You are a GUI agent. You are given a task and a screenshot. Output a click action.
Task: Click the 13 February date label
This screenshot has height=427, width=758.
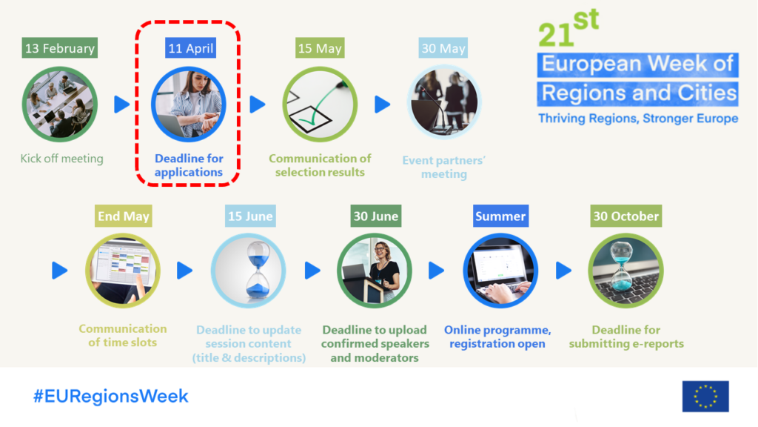tap(60, 48)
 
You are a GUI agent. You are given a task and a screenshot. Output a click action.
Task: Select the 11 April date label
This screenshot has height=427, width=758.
tap(190, 48)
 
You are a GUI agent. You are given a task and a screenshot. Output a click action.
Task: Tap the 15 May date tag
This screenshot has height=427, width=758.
tap(320, 48)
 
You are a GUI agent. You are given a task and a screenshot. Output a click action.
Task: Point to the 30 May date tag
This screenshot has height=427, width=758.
tap(443, 48)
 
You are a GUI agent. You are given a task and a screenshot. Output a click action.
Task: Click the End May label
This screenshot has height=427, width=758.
tap(124, 216)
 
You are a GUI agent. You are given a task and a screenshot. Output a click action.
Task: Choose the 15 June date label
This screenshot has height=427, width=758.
tap(249, 216)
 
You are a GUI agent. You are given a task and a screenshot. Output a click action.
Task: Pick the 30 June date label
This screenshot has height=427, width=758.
tap(375, 216)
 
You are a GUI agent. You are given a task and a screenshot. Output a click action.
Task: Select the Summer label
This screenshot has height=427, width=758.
tap(500, 216)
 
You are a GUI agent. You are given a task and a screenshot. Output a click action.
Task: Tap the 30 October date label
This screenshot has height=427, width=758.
tap(625, 216)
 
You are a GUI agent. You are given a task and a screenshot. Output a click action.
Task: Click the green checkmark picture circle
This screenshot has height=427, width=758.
tap(320, 105)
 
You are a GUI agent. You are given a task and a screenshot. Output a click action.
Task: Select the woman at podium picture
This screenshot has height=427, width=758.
tap(375, 271)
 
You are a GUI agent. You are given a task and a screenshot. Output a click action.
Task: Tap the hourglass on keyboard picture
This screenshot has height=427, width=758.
tap(625, 271)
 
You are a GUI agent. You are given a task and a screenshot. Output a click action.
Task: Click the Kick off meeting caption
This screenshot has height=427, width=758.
tap(61, 159)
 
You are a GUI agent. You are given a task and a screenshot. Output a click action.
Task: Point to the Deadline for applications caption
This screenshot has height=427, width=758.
tap(189, 165)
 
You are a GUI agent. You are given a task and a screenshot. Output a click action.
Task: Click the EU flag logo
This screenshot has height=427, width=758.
tap(705, 396)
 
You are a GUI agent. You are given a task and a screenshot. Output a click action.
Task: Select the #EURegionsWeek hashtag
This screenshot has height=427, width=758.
tap(110, 396)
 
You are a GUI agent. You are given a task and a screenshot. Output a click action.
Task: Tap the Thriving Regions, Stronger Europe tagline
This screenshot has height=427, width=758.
tap(637, 119)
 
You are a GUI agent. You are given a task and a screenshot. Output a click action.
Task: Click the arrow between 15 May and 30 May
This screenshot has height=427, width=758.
tap(382, 105)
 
